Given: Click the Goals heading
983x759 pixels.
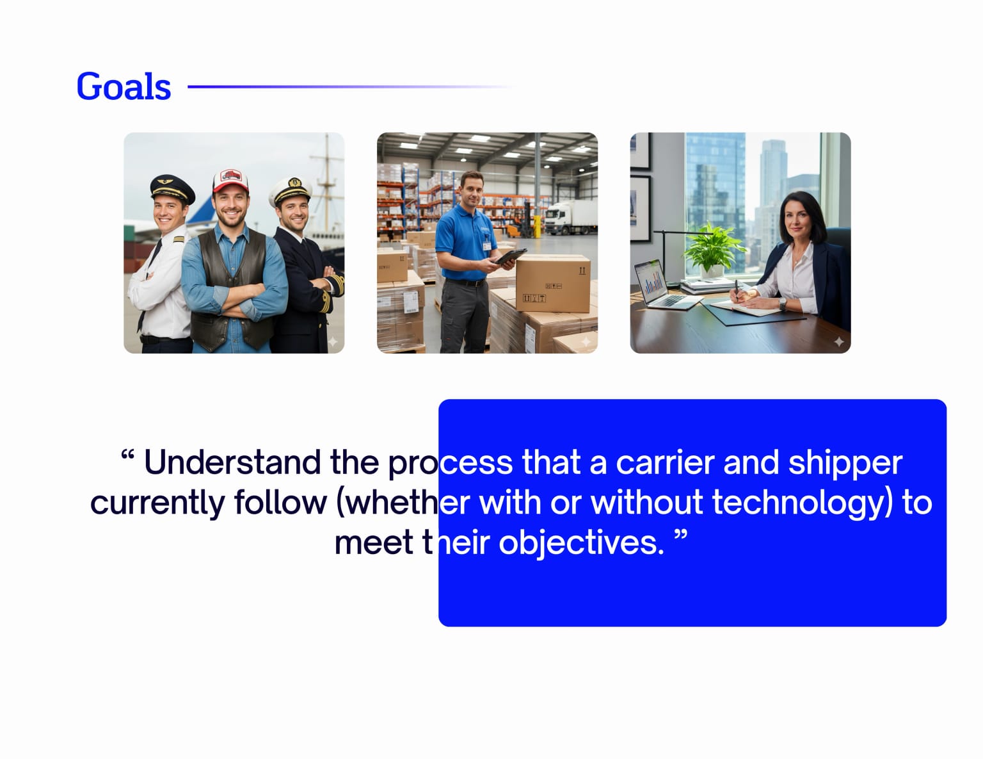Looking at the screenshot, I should (x=124, y=86).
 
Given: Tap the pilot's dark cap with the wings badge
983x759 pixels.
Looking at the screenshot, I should (x=172, y=188).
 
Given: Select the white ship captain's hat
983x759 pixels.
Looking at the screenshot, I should (x=291, y=190).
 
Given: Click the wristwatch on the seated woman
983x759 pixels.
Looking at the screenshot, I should (x=782, y=304).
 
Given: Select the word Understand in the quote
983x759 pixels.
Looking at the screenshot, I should (x=232, y=462).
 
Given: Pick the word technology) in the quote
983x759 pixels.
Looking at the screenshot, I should (x=802, y=503).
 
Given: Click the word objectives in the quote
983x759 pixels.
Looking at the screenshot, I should (x=581, y=543).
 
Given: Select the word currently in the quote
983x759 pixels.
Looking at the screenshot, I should (x=157, y=503).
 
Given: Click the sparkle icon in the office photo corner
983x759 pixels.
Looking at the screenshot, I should (x=839, y=342).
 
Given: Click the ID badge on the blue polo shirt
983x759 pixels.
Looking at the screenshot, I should (x=487, y=243).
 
